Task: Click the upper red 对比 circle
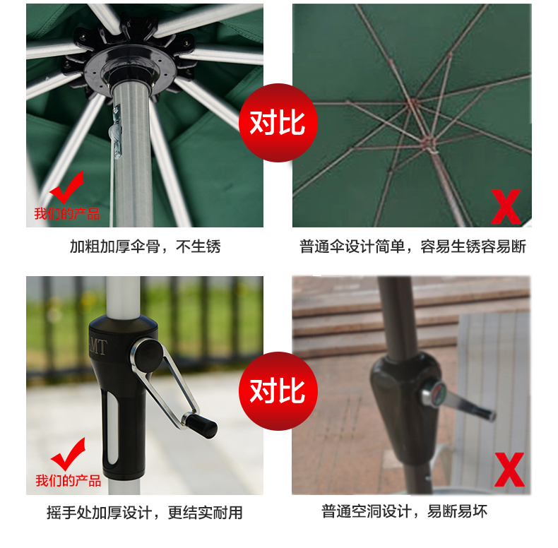pos(278,123)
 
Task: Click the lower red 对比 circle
pos(278,391)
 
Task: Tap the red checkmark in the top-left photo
pos(68,187)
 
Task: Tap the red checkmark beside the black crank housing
pos(69,454)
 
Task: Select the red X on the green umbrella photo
pos(506,207)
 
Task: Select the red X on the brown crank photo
pos(509,470)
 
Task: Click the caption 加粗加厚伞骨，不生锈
pos(146,246)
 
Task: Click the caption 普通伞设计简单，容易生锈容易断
pos(412,246)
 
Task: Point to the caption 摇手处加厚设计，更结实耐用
pos(145,513)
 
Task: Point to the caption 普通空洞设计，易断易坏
pos(404,511)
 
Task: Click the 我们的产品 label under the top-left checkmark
pos(67,214)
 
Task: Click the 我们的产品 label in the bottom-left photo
pos(69,481)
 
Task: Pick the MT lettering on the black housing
pos(97,347)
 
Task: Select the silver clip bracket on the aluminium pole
pos(116,132)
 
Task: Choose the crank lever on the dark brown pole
pos(459,400)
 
